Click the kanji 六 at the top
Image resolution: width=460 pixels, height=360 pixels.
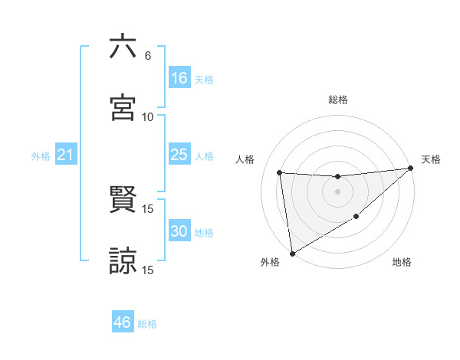(123, 47)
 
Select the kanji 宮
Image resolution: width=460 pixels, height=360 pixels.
(123, 108)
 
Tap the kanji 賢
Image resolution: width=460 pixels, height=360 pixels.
(123, 200)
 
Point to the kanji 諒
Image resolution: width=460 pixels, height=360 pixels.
(123, 261)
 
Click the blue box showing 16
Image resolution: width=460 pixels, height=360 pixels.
(179, 78)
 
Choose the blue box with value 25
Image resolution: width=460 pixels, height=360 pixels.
(179, 155)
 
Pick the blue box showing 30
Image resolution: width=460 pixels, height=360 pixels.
(179, 231)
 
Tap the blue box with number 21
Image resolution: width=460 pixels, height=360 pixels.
(66, 155)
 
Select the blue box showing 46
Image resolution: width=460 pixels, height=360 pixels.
(123, 322)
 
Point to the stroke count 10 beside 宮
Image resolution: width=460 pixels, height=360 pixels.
(148, 116)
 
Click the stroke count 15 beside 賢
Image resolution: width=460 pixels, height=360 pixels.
(148, 208)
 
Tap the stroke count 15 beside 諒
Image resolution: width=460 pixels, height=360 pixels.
(148, 270)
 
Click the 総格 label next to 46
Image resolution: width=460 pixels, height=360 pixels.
(147, 324)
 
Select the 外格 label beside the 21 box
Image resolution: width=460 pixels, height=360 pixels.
(41, 156)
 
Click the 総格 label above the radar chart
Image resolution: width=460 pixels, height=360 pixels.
(337, 100)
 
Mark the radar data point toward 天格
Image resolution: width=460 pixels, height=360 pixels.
(410, 169)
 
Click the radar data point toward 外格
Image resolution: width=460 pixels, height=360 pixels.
(292, 254)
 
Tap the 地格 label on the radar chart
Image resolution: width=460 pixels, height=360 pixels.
(402, 262)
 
